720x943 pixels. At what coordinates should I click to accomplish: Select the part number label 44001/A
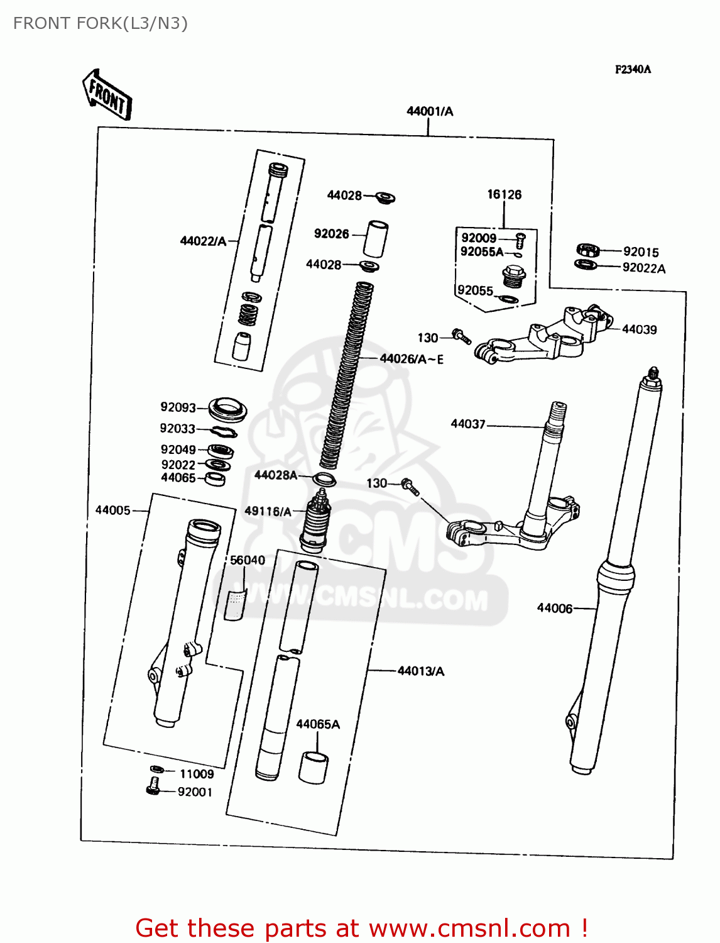430,111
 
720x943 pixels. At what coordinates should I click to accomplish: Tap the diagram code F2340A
633,69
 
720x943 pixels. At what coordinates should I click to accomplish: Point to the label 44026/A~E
412,359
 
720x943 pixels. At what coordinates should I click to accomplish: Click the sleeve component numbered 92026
376,238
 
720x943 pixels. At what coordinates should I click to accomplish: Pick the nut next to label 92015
587,250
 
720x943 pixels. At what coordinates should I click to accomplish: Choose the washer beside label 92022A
586,264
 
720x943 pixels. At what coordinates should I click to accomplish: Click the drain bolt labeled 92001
153,786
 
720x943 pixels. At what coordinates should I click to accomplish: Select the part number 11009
197,774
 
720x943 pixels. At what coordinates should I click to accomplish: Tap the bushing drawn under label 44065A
313,767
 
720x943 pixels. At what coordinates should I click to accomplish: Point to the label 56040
248,560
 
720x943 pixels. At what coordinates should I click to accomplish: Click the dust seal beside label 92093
227,410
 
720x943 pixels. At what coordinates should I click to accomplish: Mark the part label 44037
468,424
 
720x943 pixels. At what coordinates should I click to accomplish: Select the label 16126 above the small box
505,194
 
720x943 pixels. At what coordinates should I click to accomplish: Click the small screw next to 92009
520,240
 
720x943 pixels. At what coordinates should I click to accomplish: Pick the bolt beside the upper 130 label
462,337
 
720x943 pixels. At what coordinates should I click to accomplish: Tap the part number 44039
639,329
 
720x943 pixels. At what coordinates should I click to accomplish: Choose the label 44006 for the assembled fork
555,608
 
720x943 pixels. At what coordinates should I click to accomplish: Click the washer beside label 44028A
324,480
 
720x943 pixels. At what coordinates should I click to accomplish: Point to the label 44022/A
203,241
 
